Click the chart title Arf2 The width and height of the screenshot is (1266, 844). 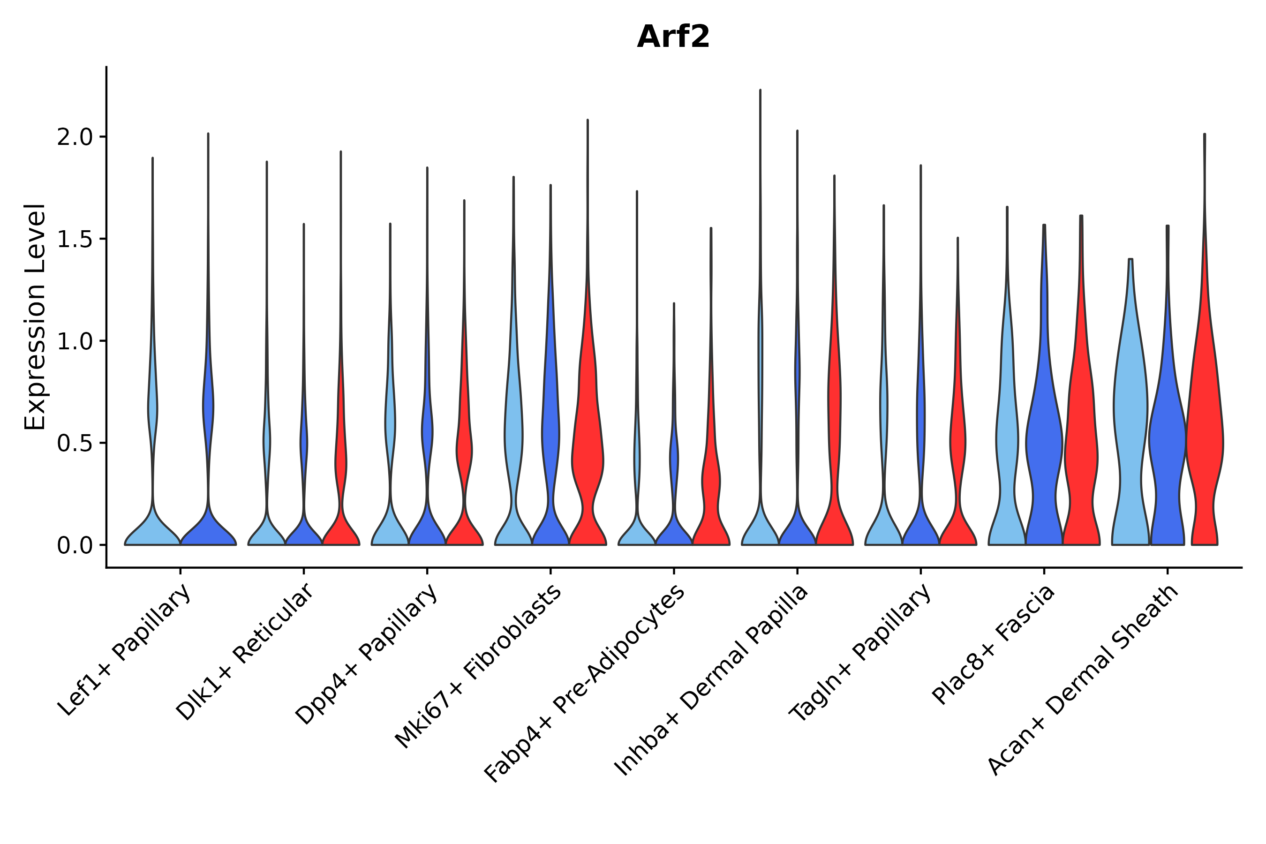click(x=673, y=38)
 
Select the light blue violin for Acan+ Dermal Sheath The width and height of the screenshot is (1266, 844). click(x=1130, y=430)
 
